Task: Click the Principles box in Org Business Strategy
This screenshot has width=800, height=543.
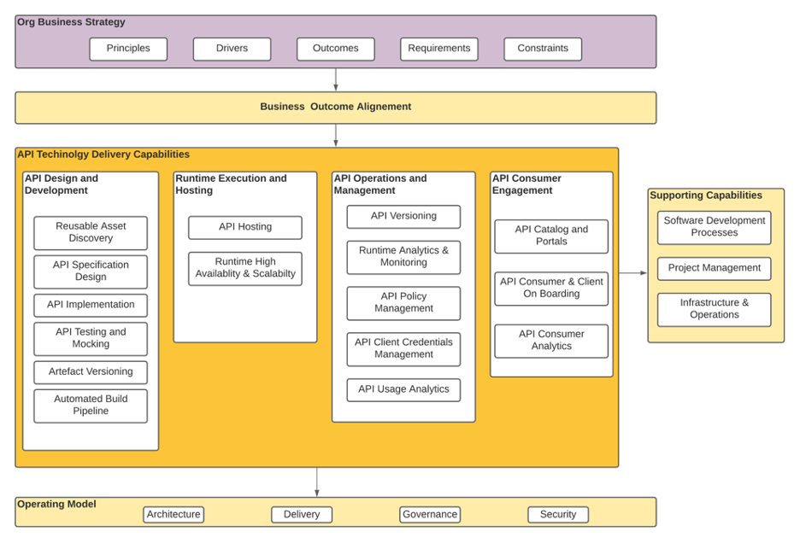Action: pyautogui.click(x=128, y=49)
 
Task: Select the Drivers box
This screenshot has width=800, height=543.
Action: pyautogui.click(x=232, y=49)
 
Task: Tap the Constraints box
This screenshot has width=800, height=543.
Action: pyautogui.click(x=543, y=49)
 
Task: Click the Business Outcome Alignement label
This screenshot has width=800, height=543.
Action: pyautogui.click(x=335, y=107)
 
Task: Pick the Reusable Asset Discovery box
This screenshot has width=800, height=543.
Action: pyautogui.click(x=91, y=232)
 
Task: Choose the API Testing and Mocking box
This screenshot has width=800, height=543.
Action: pyautogui.click(x=91, y=338)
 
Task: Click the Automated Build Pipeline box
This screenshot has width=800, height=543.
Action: pyautogui.click(x=91, y=406)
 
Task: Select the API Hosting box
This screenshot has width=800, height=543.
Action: pyautogui.click(x=245, y=227)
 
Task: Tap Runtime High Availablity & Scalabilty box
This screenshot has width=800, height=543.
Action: pyautogui.click(x=245, y=268)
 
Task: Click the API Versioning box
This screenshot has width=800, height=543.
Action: pyautogui.click(x=403, y=216)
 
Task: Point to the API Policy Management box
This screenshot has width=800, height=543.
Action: pyautogui.click(x=403, y=302)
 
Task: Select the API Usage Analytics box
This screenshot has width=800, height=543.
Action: pyautogui.click(x=403, y=389)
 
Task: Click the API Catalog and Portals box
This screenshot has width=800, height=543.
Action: pyautogui.click(x=551, y=236)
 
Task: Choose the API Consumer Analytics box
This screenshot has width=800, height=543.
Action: pyautogui.click(x=551, y=340)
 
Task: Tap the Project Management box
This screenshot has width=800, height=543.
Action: pyautogui.click(x=715, y=268)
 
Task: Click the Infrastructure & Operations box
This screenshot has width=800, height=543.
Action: pyautogui.click(x=715, y=309)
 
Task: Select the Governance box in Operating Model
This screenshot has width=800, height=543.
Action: pyautogui.click(x=430, y=514)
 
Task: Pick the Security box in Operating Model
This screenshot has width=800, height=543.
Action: pyautogui.click(x=558, y=514)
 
